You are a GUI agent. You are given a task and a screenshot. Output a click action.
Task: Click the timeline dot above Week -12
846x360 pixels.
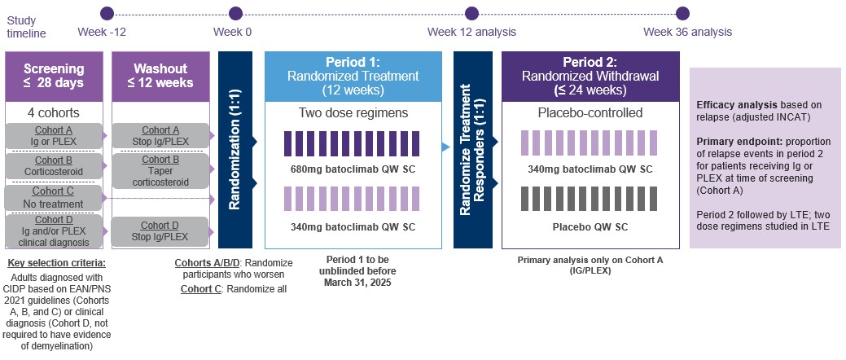pos(106,13)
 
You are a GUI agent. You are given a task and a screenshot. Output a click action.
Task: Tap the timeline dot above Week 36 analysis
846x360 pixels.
pos(682,13)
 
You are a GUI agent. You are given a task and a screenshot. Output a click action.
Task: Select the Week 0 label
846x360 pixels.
pos(232,32)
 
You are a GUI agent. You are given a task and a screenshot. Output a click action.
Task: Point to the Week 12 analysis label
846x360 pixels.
pos(471,32)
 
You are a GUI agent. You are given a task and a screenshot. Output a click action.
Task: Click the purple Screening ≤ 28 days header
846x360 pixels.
pos(54,76)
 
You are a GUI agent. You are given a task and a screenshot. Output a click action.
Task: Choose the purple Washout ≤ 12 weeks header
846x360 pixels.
pos(160,76)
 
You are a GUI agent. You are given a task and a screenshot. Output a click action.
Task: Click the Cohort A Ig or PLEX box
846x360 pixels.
pos(54,135)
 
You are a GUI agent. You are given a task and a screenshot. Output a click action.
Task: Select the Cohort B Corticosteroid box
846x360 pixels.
pos(54,166)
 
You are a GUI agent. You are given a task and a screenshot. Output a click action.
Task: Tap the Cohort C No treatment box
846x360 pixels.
pos(54,197)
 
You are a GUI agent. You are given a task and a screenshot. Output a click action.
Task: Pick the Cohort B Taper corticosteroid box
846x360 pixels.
pos(160,170)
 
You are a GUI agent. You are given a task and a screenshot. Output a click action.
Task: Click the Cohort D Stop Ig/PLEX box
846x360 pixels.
pos(160,231)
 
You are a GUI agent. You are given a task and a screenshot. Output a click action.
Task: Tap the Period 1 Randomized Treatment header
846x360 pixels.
pos(353,76)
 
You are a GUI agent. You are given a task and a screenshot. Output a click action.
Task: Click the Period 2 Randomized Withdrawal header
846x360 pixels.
pos(590,76)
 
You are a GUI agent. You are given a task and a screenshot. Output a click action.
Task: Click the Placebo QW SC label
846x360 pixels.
pos(590,226)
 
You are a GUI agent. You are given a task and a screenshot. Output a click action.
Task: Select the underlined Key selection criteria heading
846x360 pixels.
pos(56,263)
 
